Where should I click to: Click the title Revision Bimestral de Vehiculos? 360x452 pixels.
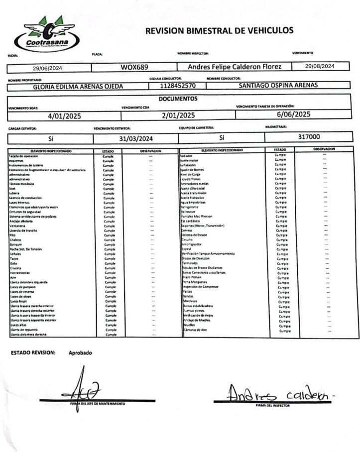pos(219,31)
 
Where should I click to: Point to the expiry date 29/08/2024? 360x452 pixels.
pos(320,66)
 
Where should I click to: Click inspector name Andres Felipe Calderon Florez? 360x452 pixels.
pos(235,67)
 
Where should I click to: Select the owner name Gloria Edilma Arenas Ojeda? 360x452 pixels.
pos(78,86)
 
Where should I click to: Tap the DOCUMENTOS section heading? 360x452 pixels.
pos(178,99)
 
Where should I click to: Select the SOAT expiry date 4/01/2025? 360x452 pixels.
pos(64,116)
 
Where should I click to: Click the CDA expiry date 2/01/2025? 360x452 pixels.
pos(178,115)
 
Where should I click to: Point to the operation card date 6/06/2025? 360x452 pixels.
pos(290,114)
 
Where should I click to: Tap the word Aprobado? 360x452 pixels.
pos(80,352)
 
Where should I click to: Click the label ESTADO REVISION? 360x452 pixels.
pos(33,352)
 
